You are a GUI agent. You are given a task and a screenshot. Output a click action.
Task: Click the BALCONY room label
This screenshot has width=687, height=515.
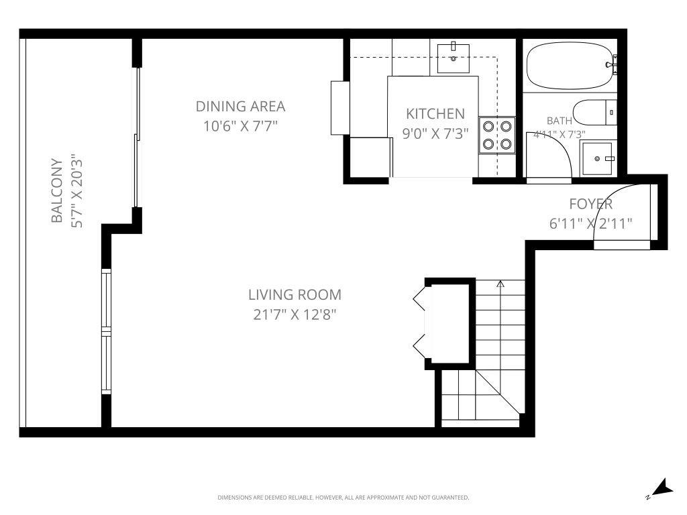click(x=57, y=191)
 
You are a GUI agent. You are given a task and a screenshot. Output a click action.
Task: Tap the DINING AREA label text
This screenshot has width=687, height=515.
click(x=240, y=106)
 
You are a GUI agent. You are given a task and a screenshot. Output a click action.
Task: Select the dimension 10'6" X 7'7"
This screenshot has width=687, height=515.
click(x=240, y=125)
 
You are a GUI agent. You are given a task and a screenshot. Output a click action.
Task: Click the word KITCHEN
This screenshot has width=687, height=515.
click(x=435, y=113)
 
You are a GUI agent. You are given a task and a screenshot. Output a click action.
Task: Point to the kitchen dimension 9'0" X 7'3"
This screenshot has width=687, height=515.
click(x=435, y=133)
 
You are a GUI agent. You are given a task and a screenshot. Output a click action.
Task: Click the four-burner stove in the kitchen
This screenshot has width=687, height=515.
click(x=496, y=135)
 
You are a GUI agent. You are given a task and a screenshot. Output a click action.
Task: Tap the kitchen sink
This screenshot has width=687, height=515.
click(x=454, y=57)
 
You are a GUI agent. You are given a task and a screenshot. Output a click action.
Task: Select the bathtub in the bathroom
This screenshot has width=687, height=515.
click(x=570, y=66)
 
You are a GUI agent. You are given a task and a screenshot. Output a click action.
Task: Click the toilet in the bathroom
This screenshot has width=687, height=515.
click(x=594, y=112)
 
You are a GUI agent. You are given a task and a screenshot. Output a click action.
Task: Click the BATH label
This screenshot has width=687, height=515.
click(x=560, y=121)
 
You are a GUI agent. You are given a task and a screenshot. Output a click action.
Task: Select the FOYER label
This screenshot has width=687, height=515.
click(x=590, y=205)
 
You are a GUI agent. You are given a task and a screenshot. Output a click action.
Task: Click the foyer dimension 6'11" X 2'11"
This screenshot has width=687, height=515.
click(x=590, y=224)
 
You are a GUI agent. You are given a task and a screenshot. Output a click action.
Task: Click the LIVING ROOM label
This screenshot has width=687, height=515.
click(x=295, y=294)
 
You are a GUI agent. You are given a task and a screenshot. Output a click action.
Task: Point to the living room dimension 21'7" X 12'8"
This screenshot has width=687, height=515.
click(x=295, y=314)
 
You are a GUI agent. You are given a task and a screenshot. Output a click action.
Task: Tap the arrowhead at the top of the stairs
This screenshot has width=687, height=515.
click(x=500, y=284)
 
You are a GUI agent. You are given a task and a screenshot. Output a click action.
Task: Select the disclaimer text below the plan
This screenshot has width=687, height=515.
click(x=343, y=498)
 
